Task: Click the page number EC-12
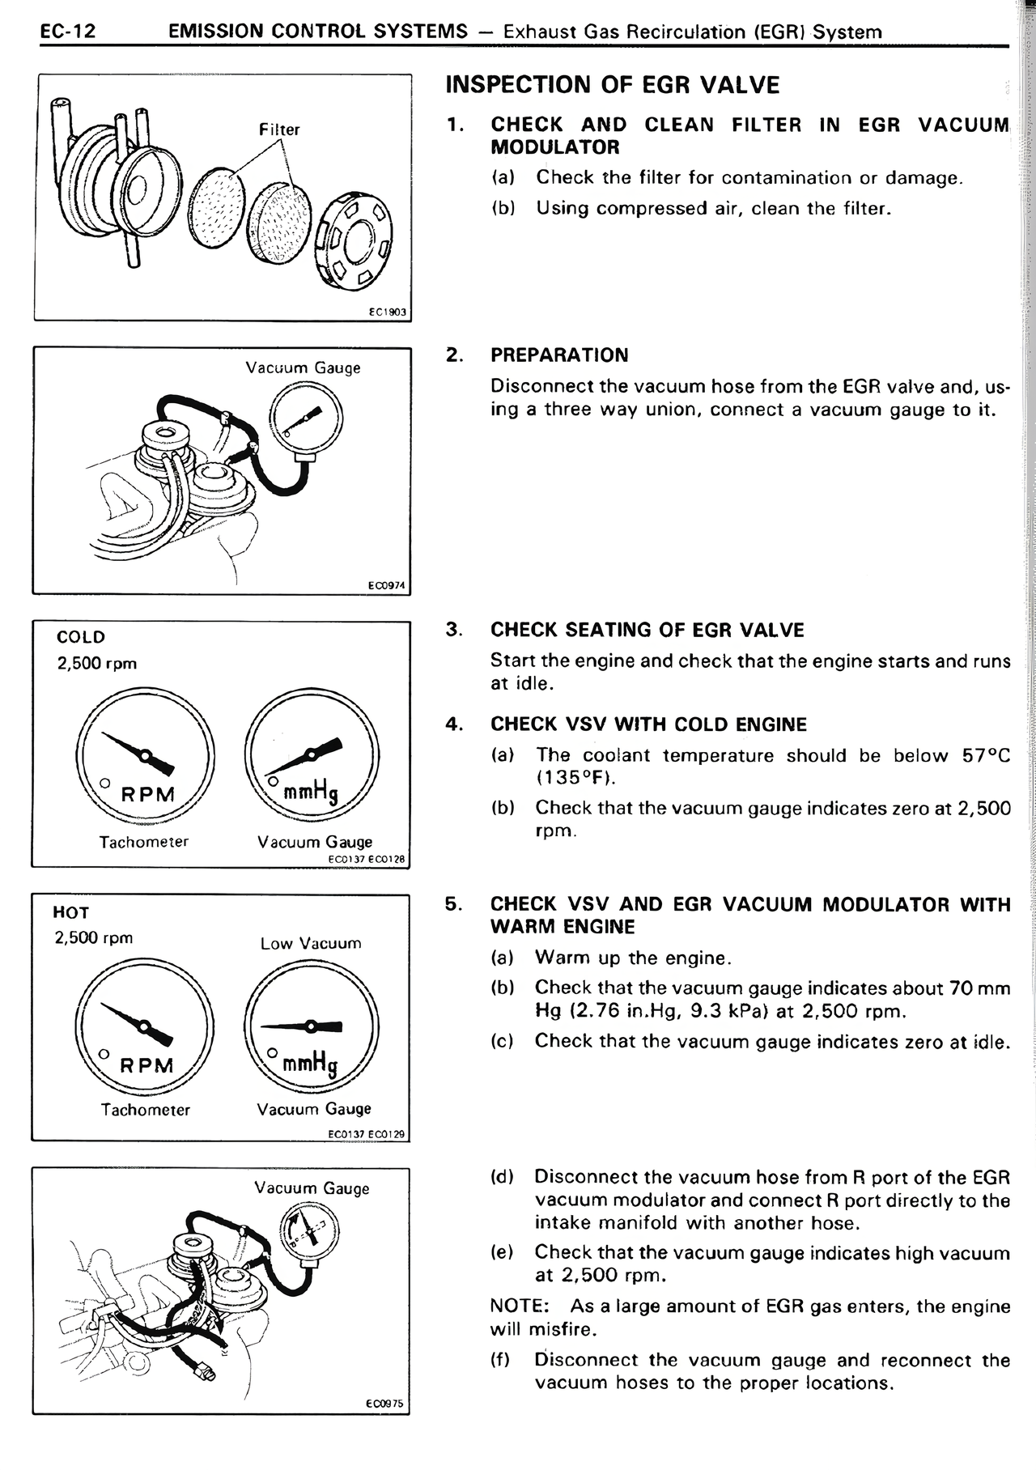pos(68,32)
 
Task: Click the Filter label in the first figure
pos(279,130)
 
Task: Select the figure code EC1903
pos(387,312)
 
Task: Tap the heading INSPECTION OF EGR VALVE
pos(613,85)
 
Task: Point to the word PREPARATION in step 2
pos(559,355)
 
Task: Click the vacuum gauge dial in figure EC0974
pos(305,418)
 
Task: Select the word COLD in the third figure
pos(81,637)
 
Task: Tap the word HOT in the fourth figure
pos(71,912)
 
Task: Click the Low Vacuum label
pos(311,943)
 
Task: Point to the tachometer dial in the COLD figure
pos(145,757)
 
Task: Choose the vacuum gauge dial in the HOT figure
pos(311,1028)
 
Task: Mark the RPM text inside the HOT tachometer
pos(147,1064)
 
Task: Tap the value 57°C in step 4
pos(986,755)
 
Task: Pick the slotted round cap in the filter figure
pos(354,240)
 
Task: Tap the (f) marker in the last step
pos(502,1360)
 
